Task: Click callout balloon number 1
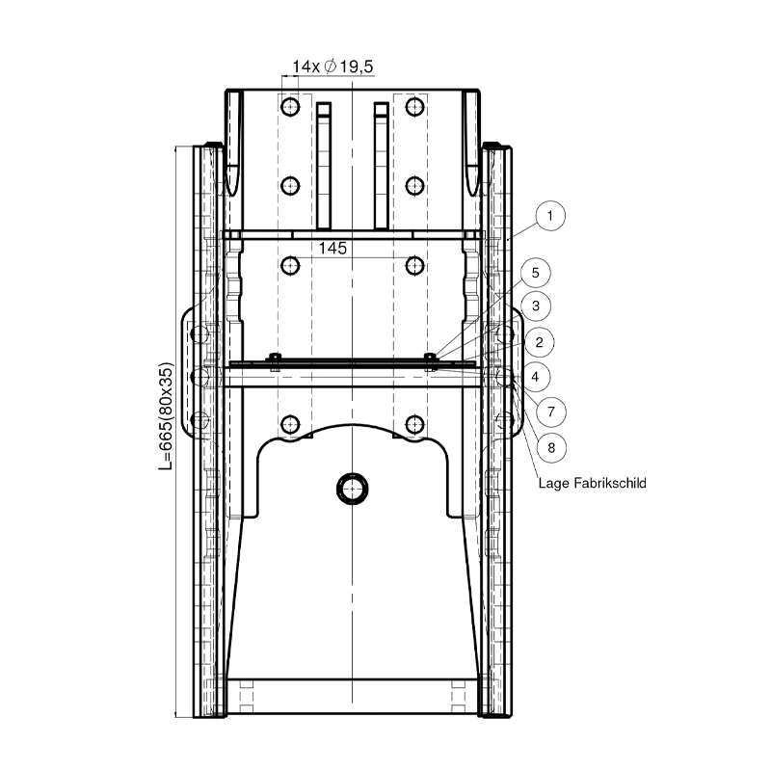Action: coord(547,216)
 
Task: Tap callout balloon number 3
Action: coord(541,306)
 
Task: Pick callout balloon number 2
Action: coord(541,341)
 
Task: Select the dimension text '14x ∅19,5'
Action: coord(333,66)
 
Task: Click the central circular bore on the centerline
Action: coord(352,488)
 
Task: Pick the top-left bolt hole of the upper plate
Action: coord(289,104)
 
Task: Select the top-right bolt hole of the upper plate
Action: coord(415,104)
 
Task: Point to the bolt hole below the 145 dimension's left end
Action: coord(289,264)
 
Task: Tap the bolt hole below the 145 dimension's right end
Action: coord(415,264)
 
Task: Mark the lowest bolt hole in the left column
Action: coord(289,422)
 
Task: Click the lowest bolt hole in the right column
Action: coord(415,422)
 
